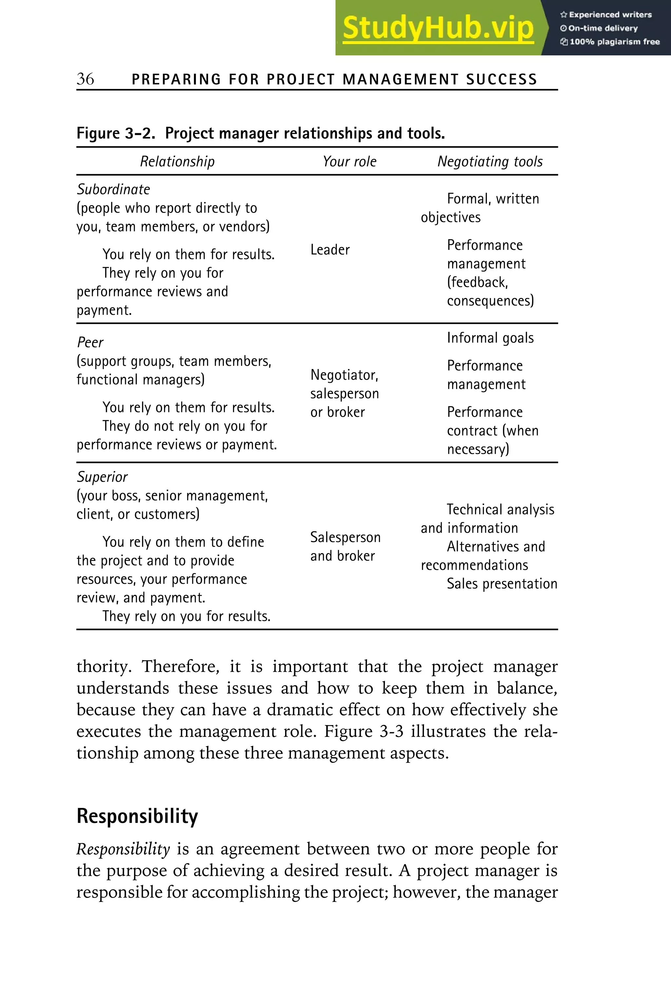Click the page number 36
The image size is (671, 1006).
pyautogui.click(x=85, y=79)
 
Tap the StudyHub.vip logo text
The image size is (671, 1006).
pyautogui.click(x=438, y=28)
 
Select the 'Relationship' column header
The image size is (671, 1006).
pyautogui.click(x=177, y=162)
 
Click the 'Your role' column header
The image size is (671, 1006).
pyautogui.click(x=350, y=162)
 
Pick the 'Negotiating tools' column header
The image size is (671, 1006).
pyautogui.click(x=490, y=162)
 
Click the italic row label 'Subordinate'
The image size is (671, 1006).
pyautogui.click(x=113, y=190)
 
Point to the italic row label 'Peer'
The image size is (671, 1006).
pyautogui.click(x=90, y=343)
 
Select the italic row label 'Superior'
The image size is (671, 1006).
pyautogui.click(x=102, y=477)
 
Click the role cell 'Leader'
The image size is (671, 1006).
pyautogui.click(x=330, y=250)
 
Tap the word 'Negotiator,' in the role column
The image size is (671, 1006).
pyautogui.click(x=344, y=375)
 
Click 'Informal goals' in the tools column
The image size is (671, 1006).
pyautogui.click(x=490, y=338)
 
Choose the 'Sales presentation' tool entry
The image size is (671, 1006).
pyautogui.click(x=502, y=584)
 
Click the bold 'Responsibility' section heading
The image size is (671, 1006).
pyautogui.click(x=137, y=816)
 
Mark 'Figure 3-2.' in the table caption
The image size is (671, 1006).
pyautogui.click(x=116, y=134)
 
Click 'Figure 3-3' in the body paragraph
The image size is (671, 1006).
pyautogui.click(x=363, y=731)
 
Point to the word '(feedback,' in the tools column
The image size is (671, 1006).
pyautogui.click(x=477, y=283)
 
